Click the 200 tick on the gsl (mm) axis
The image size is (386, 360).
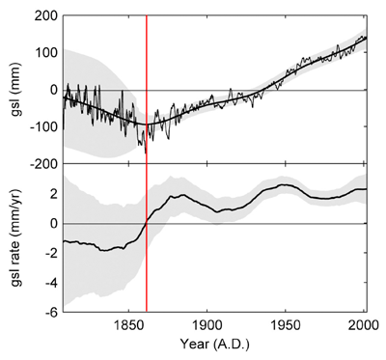[41, 16]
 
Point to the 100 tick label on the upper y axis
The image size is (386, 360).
[41, 53]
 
